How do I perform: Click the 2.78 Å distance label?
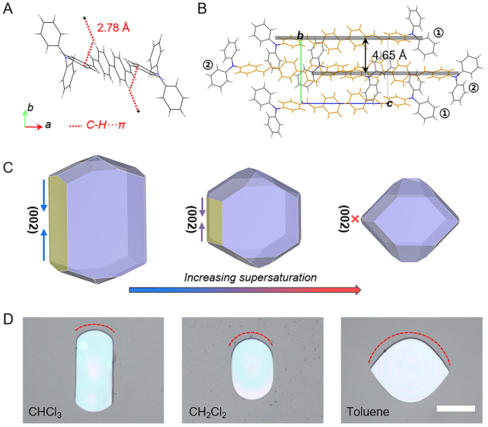[113, 27]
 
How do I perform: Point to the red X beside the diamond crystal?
[354, 220]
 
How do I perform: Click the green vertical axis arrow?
[25, 117]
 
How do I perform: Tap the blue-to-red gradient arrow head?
[356, 290]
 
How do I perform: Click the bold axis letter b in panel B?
[300, 36]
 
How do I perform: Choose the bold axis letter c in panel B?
[389, 104]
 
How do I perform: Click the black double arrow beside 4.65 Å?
[367, 55]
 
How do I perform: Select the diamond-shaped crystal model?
[412, 220]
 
